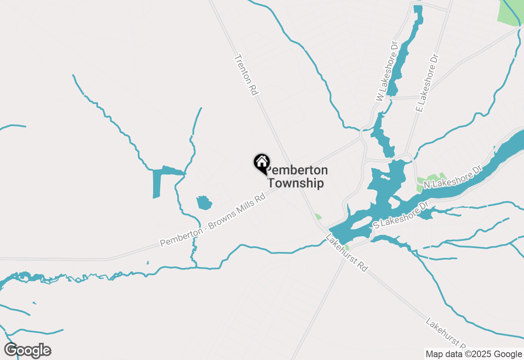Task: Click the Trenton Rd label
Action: click(x=246, y=76)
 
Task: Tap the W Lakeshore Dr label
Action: click(x=387, y=71)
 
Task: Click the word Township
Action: click(x=296, y=183)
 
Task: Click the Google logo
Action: click(x=28, y=350)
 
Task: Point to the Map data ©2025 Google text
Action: click(x=474, y=354)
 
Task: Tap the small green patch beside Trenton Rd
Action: click(x=318, y=217)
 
